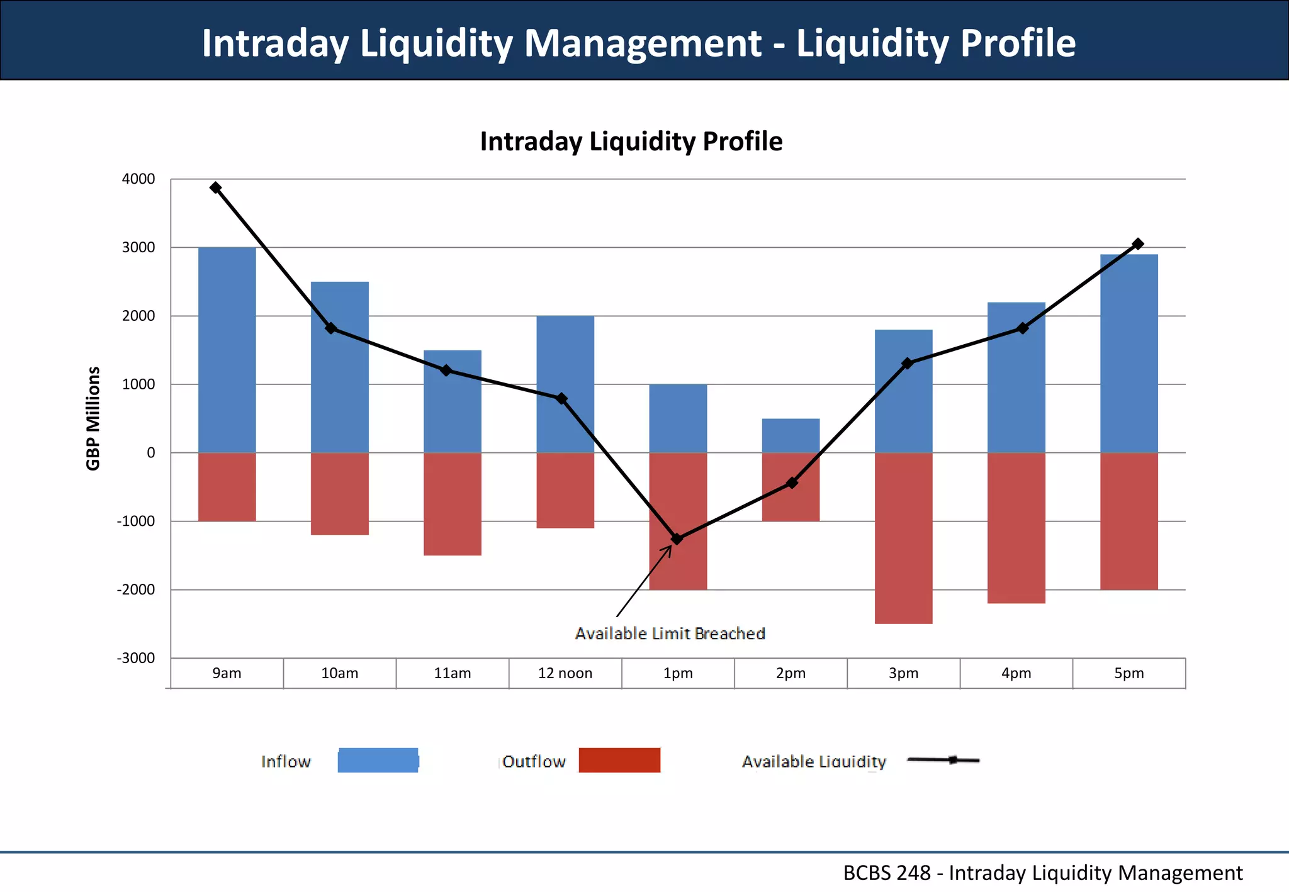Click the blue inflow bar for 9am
[x=227, y=350]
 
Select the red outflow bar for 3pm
[x=903, y=538]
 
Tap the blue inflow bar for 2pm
[x=791, y=435]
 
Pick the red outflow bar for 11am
[x=452, y=504]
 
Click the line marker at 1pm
[x=677, y=538]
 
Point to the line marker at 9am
[x=216, y=187]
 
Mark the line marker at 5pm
[x=1137, y=243]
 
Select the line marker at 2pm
[x=792, y=482]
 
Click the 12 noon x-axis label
[x=565, y=673]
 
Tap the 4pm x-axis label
[x=1016, y=673]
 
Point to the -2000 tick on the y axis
[x=136, y=589]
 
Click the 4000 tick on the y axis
[x=138, y=179]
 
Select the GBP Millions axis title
[x=93, y=418]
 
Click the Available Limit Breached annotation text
[x=670, y=633]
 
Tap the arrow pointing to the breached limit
[x=643, y=582]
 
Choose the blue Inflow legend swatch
[x=378, y=760]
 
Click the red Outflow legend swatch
[x=619, y=760]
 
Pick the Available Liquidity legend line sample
[x=943, y=760]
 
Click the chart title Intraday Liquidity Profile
[x=631, y=142]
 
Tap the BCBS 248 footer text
[x=1042, y=873]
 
